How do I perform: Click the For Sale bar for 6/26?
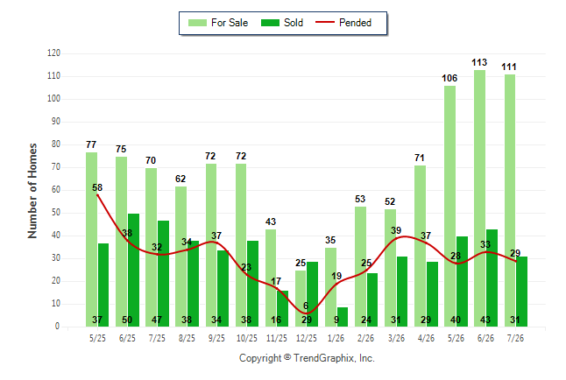479,198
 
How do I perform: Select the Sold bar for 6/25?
133,270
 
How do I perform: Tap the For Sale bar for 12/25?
301,299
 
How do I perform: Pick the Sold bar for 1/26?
343,317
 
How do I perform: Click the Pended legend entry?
343,23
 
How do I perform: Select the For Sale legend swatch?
197,23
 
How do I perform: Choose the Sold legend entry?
282,23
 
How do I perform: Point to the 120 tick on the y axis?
53,53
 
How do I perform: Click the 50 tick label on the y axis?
56,212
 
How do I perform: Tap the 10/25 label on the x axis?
247,338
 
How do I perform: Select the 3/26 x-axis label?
396,338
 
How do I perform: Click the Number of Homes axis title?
32,191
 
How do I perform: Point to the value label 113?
479,62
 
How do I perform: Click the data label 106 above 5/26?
449,78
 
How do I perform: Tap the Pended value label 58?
97,187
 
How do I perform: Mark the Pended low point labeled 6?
306,313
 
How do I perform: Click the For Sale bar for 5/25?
91,240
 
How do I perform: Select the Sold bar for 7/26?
521,292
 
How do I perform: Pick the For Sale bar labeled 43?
271,278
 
